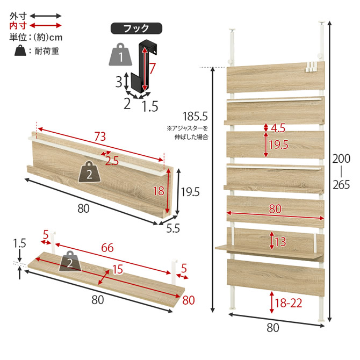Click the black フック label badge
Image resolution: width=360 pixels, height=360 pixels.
tap(136, 28)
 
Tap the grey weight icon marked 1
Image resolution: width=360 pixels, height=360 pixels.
tap(120, 54)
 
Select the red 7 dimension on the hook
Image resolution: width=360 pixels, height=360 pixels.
tap(152, 68)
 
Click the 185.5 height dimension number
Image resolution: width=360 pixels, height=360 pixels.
tap(195, 117)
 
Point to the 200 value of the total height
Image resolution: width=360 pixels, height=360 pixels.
tap(341, 159)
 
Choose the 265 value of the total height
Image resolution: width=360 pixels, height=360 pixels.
tap(341, 185)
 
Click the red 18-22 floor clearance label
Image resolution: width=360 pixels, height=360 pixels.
tap(289, 303)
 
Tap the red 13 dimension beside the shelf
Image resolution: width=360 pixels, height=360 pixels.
tap(280, 242)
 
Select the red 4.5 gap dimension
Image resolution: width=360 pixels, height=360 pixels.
tap(278, 128)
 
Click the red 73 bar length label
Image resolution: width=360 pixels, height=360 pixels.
tap(100, 136)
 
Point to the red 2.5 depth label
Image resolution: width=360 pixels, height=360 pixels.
tap(112, 161)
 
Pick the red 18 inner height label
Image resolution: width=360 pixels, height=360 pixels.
tap(159, 191)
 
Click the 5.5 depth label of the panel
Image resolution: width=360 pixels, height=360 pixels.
tap(173, 228)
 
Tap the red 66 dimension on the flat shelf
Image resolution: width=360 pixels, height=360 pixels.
tap(107, 248)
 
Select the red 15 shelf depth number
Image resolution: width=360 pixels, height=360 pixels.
tap(118, 269)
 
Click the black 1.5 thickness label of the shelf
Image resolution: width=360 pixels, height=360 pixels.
tap(19, 243)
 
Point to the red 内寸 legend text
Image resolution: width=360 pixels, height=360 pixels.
tap(18, 26)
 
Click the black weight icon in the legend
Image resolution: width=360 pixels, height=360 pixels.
tap(20, 51)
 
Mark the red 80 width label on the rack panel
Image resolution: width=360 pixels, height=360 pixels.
tap(275, 208)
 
